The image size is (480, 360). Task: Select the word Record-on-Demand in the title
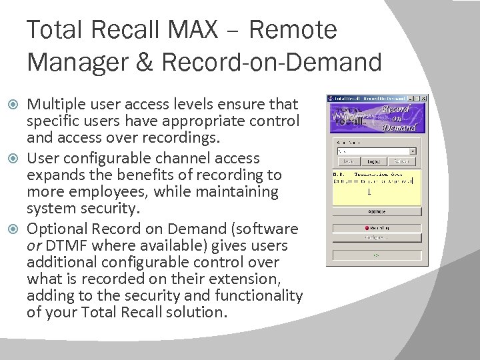272,62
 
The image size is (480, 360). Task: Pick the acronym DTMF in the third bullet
65,246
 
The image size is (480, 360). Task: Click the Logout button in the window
374,161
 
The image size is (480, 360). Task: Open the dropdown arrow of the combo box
413,151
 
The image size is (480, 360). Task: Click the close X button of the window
423,99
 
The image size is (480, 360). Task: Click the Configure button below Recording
377,237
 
